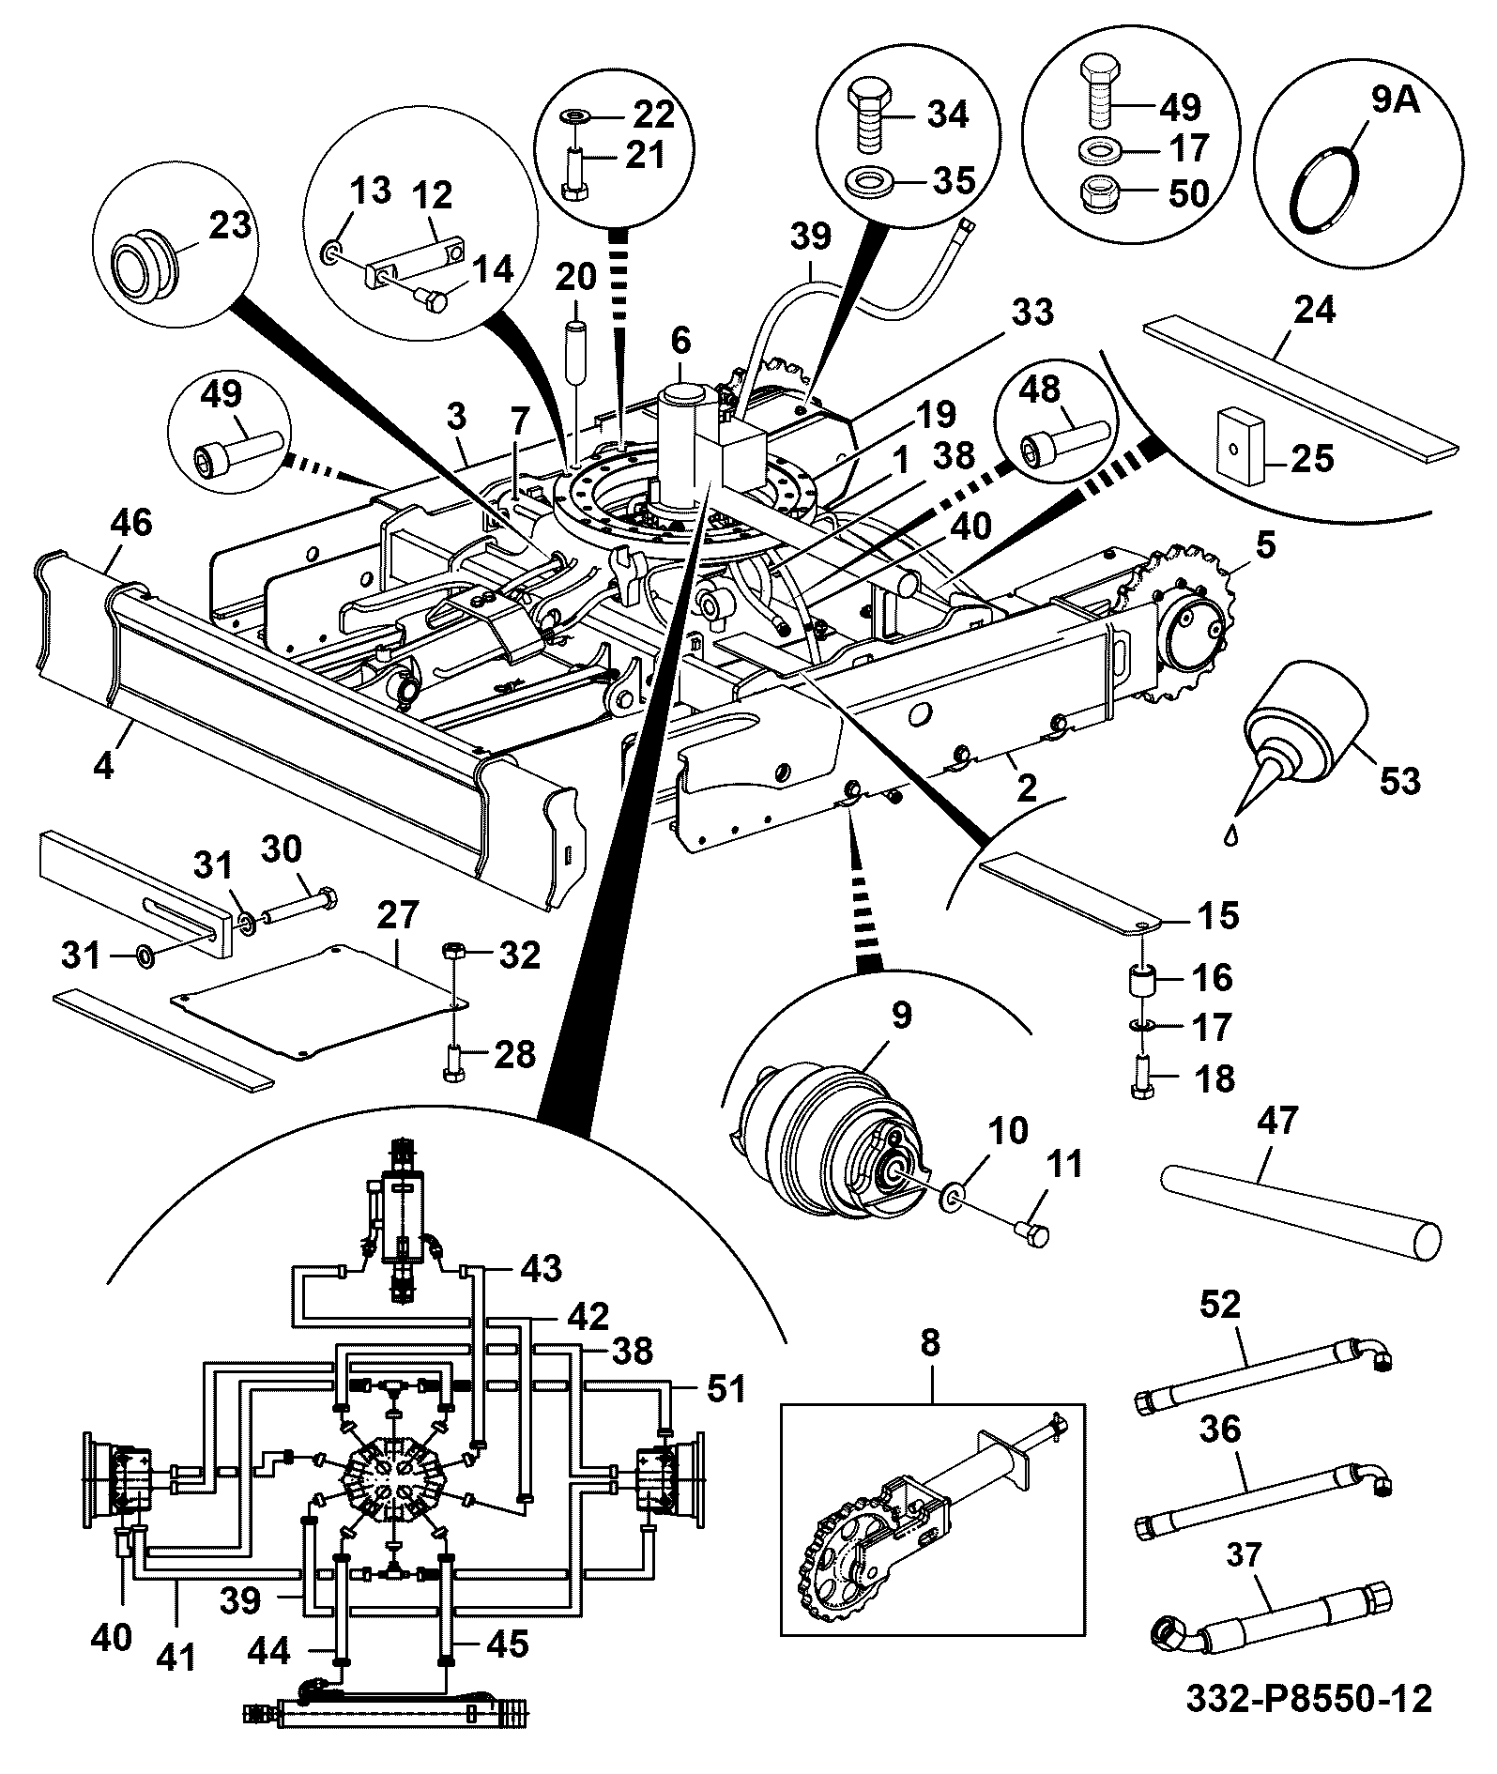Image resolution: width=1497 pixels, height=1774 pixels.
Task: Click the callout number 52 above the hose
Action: point(1219,1305)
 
